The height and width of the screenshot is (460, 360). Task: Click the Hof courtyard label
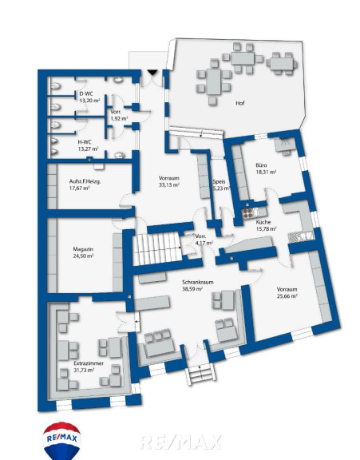[x=239, y=103]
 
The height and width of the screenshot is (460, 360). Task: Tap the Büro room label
[x=261, y=165]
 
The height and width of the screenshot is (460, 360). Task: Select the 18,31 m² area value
[x=266, y=172]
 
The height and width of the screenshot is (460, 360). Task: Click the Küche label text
[x=263, y=222]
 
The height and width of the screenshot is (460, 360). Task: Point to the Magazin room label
[x=83, y=249]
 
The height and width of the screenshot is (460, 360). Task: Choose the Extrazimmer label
[x=89, y=363]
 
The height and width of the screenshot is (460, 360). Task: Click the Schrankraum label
[x=198, y=282]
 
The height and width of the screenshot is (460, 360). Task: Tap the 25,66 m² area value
[x=287, y=296]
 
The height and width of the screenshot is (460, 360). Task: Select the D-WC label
[x=86, y=93]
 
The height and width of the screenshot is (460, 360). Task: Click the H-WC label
[x=85, y=142]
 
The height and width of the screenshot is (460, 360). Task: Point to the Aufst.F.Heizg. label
[x=85, y=181]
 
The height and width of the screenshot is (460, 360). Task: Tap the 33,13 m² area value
[x=169, y=184]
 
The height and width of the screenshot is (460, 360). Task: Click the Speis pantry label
[x=219, y=181]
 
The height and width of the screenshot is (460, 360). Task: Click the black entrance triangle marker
[x=152, y=72]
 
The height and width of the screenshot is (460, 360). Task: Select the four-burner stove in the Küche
[x=247, y=213]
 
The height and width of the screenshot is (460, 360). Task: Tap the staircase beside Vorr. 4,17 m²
[x=156, y=249]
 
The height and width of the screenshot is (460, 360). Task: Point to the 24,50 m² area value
[x=83, y=256]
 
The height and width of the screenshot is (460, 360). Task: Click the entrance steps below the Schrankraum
[x=200, y=375]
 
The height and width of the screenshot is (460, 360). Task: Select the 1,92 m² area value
[x=119, y=118]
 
